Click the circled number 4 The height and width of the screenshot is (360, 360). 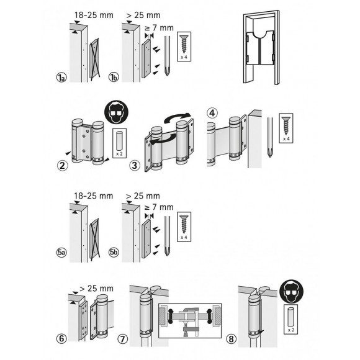[212, 114]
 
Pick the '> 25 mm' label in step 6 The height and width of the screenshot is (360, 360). [94, 289]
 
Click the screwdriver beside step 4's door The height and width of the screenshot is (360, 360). [271, 137]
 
